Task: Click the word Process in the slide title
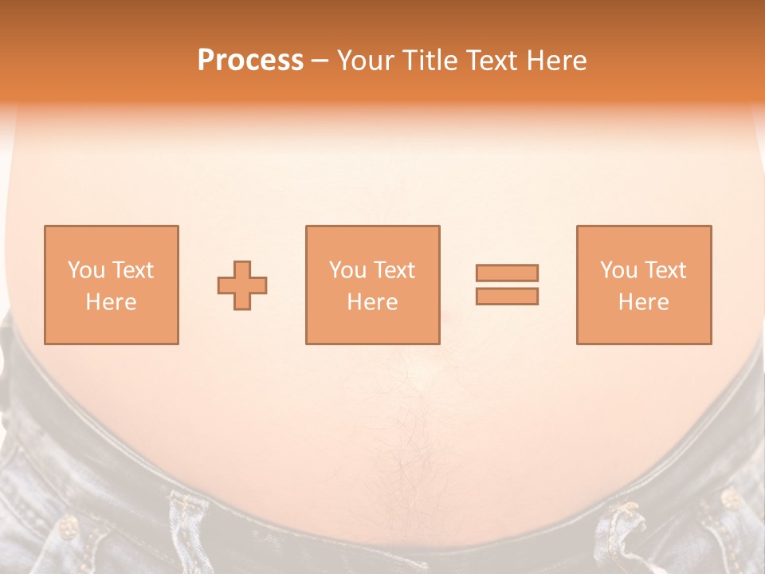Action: point(250,61)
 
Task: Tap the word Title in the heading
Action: point(430,61)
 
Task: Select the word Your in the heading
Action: point(367,61)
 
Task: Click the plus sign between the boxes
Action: point(242,285)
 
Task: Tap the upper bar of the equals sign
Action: point(507,273)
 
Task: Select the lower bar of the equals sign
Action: point(507,297)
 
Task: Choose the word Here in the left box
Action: point(111,302)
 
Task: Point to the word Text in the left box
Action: point(132,270)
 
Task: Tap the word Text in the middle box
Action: point(394,270)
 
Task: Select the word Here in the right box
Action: point(643,302)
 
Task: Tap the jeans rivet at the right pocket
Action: point(729,499)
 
